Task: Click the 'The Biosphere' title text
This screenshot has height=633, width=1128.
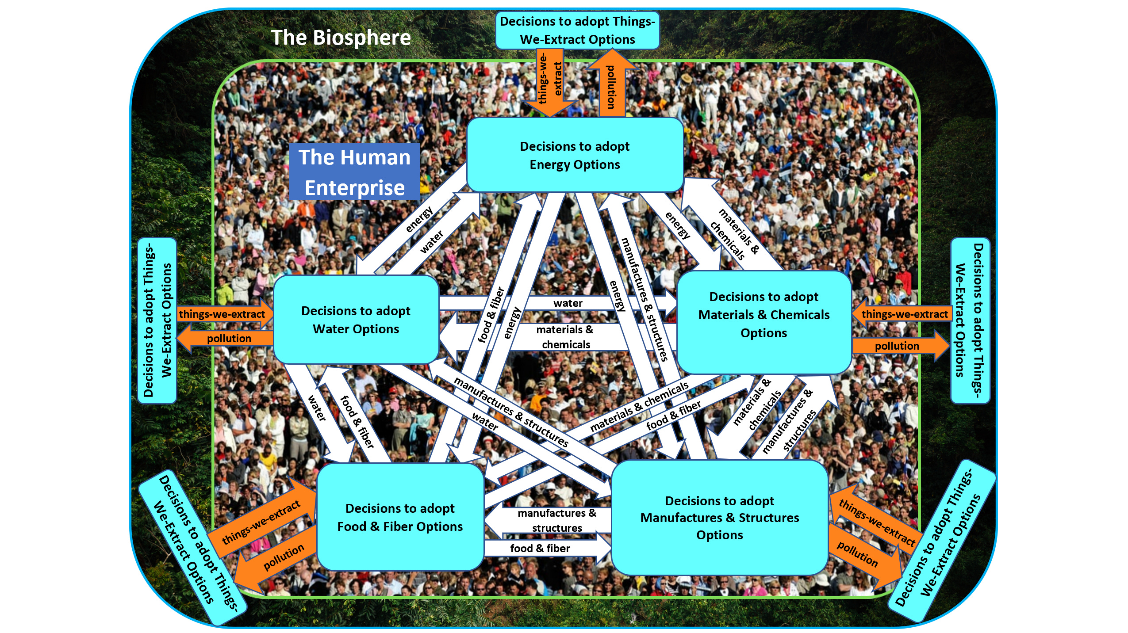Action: click(x=341, y=38)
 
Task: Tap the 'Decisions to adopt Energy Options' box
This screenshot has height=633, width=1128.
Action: click(x=575, y=155)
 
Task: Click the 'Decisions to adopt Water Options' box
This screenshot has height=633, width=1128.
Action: click(x=356, y=320)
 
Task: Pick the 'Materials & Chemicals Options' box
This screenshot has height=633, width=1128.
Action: click(x=764, y=315)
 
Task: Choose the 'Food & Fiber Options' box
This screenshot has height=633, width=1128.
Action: click(x=400, y=517)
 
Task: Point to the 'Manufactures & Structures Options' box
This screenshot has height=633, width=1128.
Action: click(x=719, y=518)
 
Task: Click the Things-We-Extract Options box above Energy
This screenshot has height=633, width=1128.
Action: click(x=577, y=30)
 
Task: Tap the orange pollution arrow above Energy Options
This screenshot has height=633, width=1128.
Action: click(x=611, y=86)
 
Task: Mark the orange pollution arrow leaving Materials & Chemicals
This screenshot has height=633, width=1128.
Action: click(x=898, y=346)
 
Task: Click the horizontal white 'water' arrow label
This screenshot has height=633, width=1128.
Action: click(x=568, y=303)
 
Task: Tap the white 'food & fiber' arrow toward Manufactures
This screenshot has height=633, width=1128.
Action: click(x=541, y=549)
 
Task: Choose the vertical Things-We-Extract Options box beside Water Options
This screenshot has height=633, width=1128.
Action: click(x=157, y=320)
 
